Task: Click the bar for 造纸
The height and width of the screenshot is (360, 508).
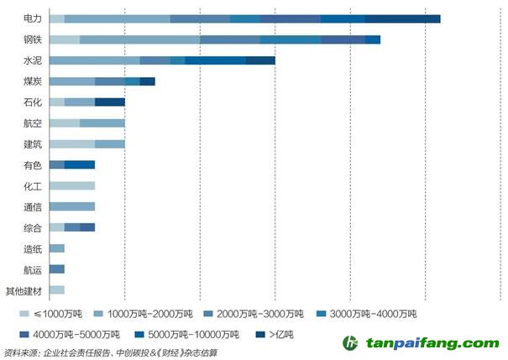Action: (x=57, y=248)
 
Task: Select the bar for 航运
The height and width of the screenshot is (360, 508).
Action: (x=57, y=269)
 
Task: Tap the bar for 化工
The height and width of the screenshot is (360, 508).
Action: (x=71, y=185)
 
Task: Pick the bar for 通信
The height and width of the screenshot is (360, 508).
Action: (x=71, y=206)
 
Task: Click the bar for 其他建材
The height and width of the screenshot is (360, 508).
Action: (x=57, y=290)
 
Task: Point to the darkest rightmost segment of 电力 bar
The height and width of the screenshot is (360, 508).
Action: (x=403, y=18)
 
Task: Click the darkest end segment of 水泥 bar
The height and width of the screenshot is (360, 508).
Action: (x=260, y=60)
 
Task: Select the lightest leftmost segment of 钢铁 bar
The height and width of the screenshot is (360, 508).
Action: (x=64, y=39)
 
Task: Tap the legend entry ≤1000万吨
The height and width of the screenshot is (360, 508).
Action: (x=55, y=315)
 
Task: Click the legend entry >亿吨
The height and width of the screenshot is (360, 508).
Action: (x=276, y=335)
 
